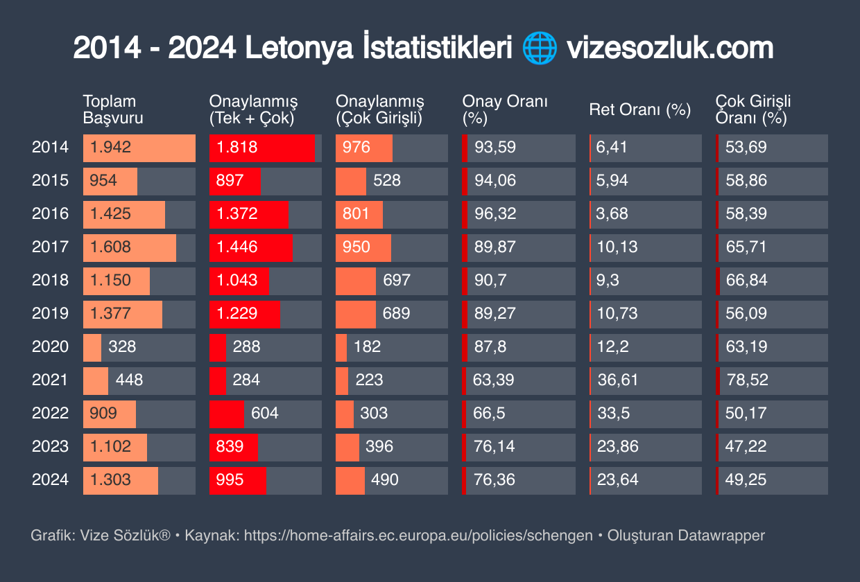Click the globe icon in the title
(x=539, y=48)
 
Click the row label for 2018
(x=51, y=281)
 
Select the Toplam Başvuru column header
(x=113, y=109)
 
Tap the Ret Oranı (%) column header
(x=639, y=109)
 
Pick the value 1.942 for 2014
(x=110, y=148)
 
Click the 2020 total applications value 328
(x=122, y=347)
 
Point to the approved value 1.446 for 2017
(x=237, y=247)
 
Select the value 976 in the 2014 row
(x=356, y=148)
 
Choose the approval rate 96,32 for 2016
(x=495, y=214)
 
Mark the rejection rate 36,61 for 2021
(x=617, y=380)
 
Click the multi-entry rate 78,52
(x=746, y=380)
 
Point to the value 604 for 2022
(x=264, y=414)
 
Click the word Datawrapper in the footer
(x=721, y=536)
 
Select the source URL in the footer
(x=418, y=536)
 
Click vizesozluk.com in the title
(x=669, y=48)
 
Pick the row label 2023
(x=51, y=447)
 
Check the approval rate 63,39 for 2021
(x=495, y=380)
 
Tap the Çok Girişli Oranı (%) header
(x=753, y=109)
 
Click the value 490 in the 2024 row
(x=385, y=480)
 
